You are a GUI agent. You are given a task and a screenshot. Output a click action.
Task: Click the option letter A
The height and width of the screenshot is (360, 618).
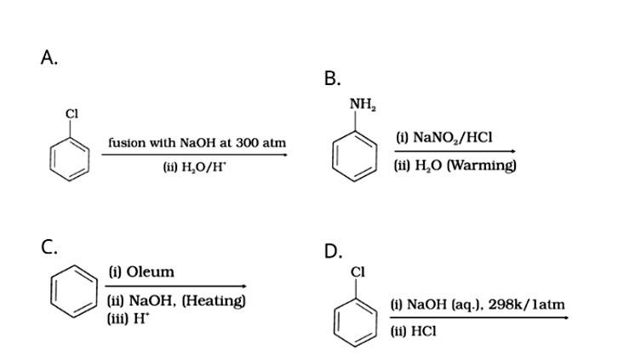[x=49, y=58]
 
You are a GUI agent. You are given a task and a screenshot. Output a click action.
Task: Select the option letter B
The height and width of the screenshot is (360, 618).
[x=333, y=79]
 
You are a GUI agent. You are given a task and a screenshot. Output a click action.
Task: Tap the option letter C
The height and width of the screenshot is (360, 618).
[x=49, y=248]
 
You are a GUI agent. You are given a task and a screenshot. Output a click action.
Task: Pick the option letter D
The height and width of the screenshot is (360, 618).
[x=333, y=251]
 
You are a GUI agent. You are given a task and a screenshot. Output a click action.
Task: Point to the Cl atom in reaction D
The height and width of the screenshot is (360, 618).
[x=357, y=272]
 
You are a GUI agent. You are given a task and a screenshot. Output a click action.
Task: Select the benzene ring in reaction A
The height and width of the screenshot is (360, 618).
[x=70, y=156]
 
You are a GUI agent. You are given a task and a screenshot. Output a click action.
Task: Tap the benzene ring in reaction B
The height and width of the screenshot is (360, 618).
[x=354, y=155]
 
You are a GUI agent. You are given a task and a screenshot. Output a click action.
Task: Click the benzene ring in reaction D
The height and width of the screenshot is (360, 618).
[x=354, y=317]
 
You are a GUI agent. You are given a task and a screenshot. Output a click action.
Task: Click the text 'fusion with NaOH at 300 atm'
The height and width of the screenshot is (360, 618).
[x=197, y=143]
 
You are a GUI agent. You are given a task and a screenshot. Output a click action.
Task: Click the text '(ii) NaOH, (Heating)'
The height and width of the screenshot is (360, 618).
[x=177, y=300]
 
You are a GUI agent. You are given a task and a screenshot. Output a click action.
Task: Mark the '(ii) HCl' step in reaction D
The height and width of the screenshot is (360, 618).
[x=412, y=332]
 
